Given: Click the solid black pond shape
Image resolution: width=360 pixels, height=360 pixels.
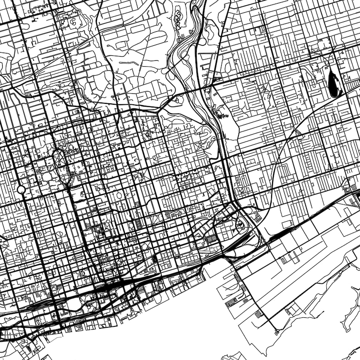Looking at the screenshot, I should (x=335, y=85).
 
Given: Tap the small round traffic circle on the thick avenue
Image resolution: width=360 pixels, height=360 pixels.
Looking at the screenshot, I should (x=21, y=189).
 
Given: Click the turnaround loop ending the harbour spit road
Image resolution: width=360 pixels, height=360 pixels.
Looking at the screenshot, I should (x=276, y=332).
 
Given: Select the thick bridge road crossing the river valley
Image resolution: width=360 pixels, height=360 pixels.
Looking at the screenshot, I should (x=190, y=91).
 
